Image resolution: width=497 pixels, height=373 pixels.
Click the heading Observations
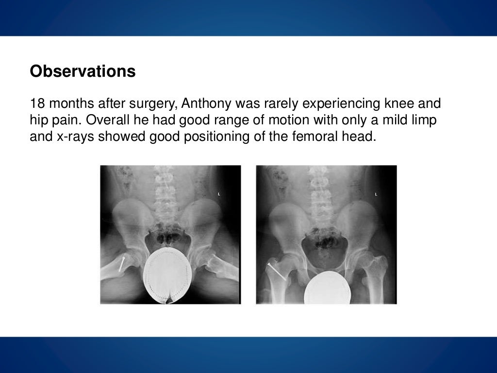83,71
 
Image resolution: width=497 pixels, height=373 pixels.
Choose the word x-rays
73,136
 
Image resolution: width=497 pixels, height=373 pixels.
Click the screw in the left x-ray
123,263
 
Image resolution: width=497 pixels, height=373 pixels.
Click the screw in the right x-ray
276,271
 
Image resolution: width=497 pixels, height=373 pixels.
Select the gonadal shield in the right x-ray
328,288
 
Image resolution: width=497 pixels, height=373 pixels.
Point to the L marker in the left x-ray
219,194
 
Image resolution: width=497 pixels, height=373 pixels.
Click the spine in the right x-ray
321,194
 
